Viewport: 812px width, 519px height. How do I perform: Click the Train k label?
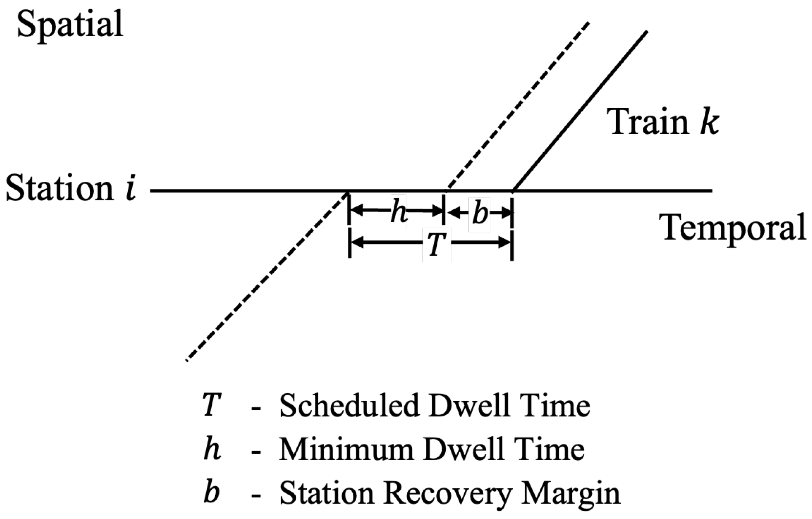click(x=662, y=122)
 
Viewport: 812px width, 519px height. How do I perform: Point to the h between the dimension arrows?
click(x=399, y=213)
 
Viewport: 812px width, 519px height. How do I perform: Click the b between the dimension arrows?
click(x=480, y=213)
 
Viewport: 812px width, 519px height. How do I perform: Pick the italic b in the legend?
click(x=211, y=493)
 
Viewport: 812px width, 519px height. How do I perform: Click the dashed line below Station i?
click(x=266, y=276)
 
